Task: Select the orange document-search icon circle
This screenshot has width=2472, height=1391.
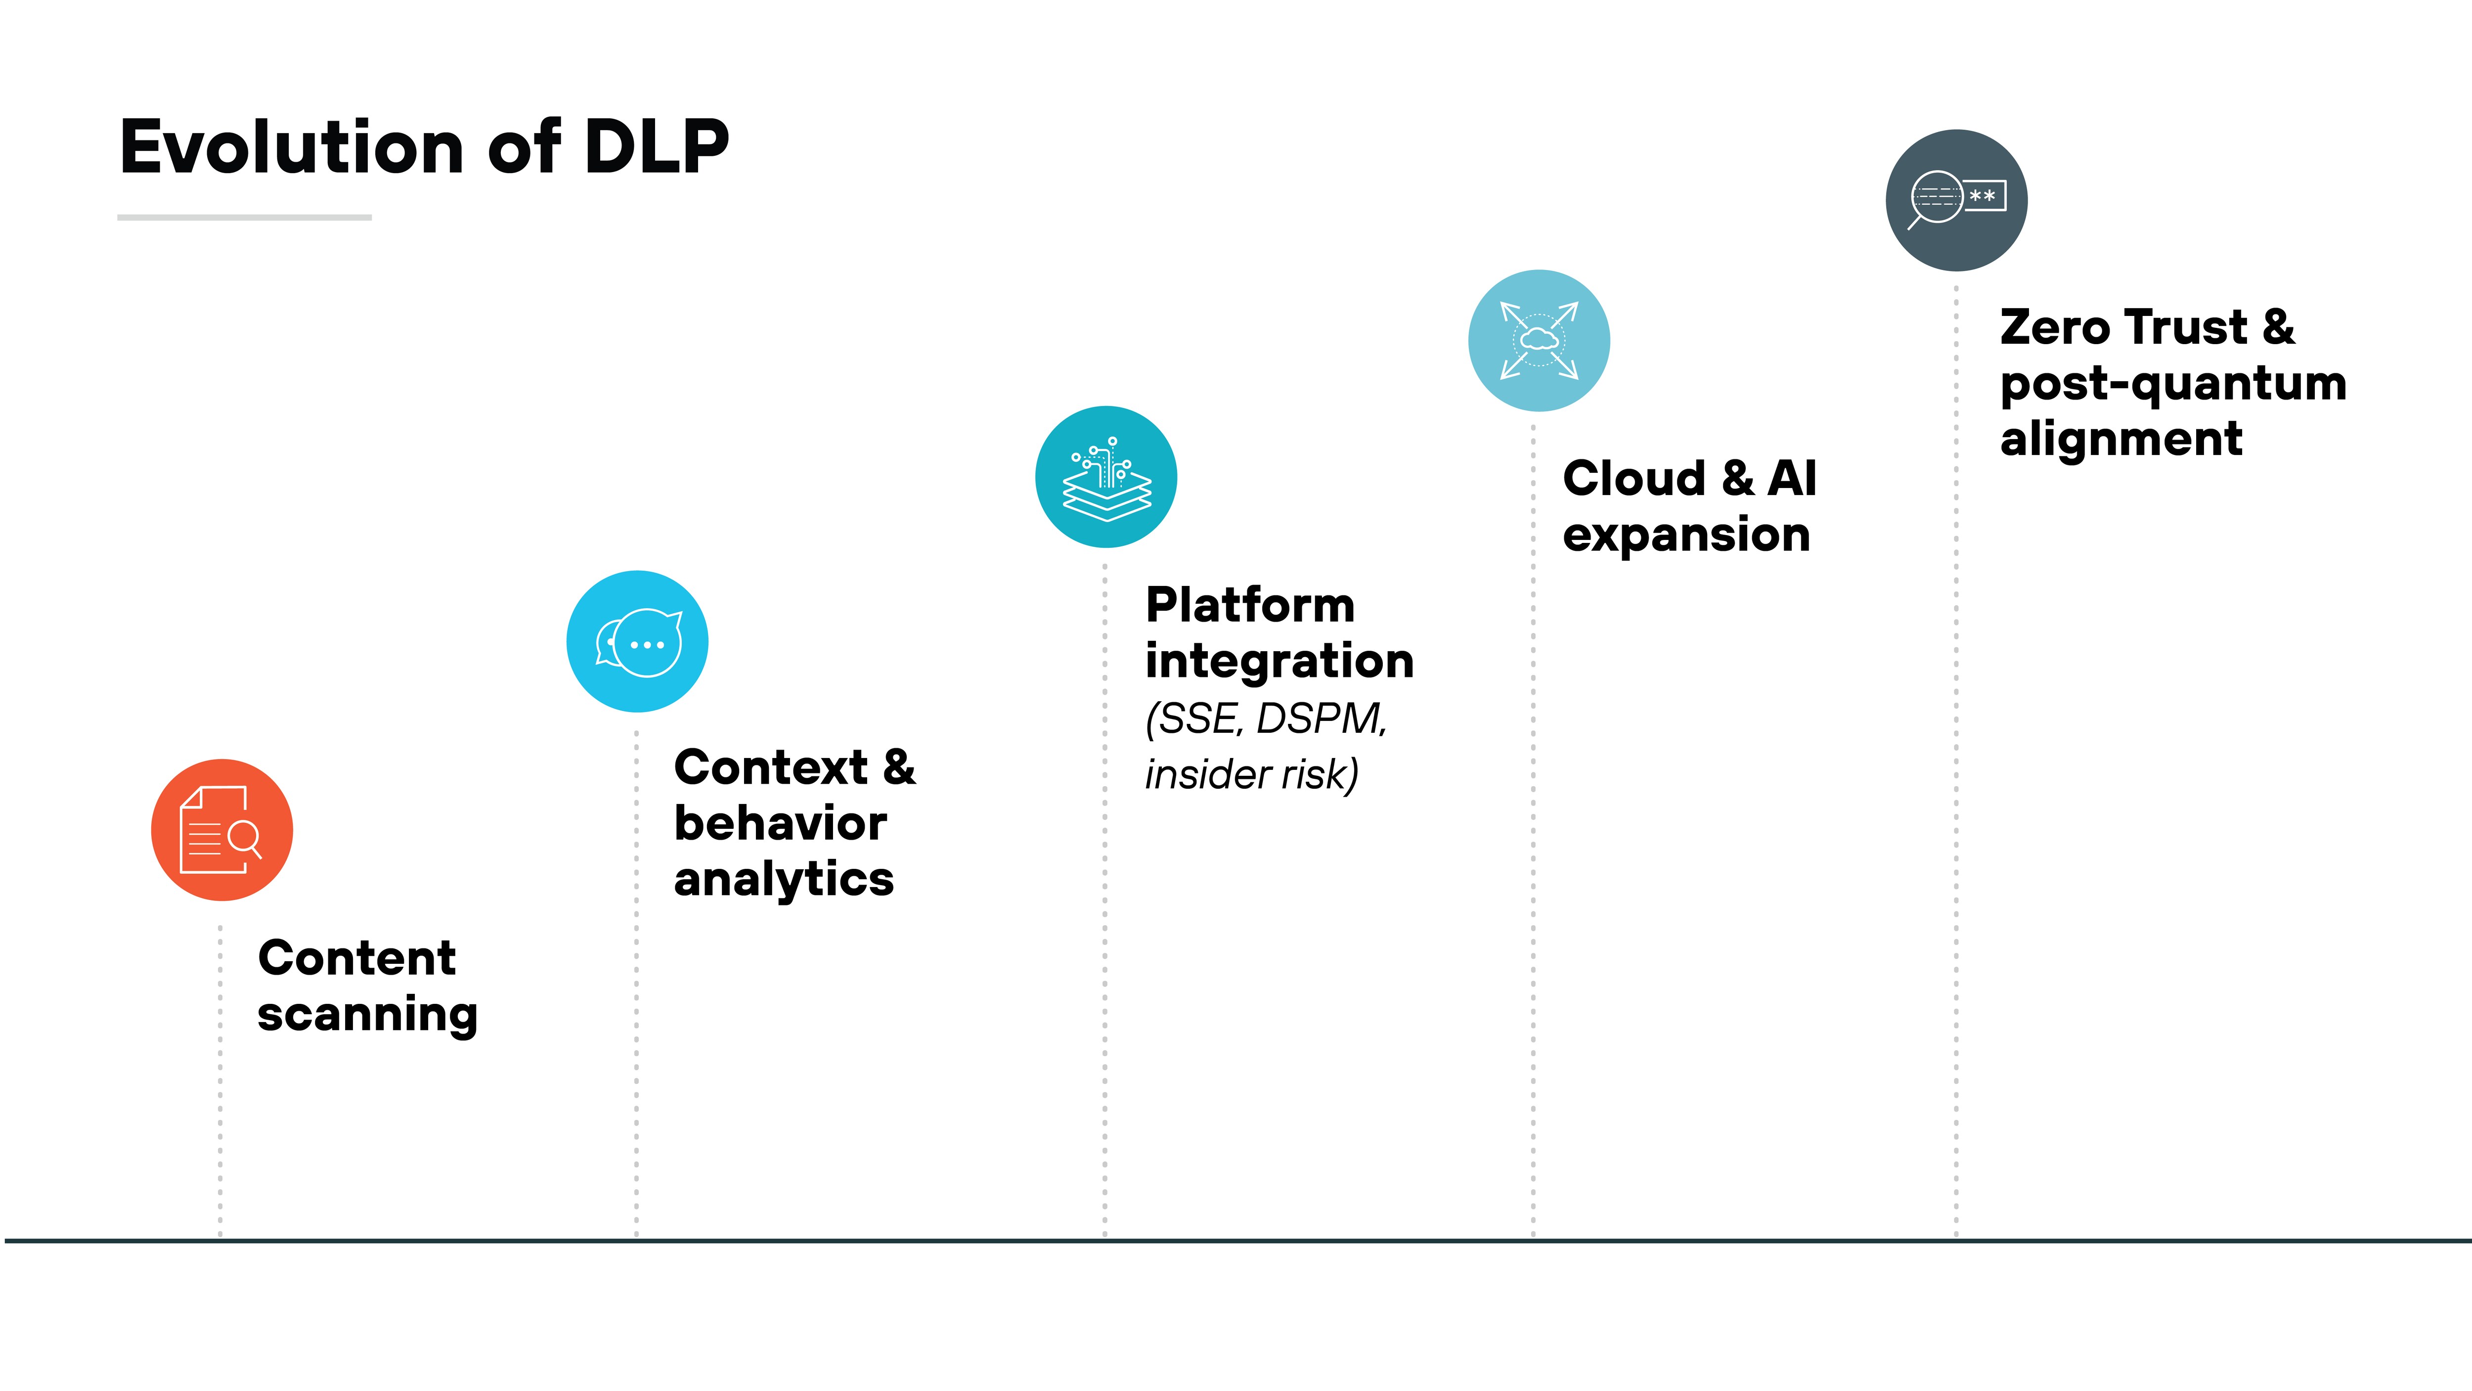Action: tap(221, 829)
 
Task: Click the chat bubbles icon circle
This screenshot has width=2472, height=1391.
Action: tap(637, 641)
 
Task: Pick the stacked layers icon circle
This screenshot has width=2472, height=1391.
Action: tap(1105, 477)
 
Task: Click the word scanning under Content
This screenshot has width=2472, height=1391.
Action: tap(367, 1015)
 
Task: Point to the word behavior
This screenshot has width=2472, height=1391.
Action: tap(780, 823)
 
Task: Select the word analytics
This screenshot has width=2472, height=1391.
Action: tap(783, 878)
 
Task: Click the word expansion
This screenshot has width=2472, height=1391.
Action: tap(1686, 535)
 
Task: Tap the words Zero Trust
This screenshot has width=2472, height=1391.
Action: tap(2122, 327)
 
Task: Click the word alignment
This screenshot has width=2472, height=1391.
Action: tap(2121, 439)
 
